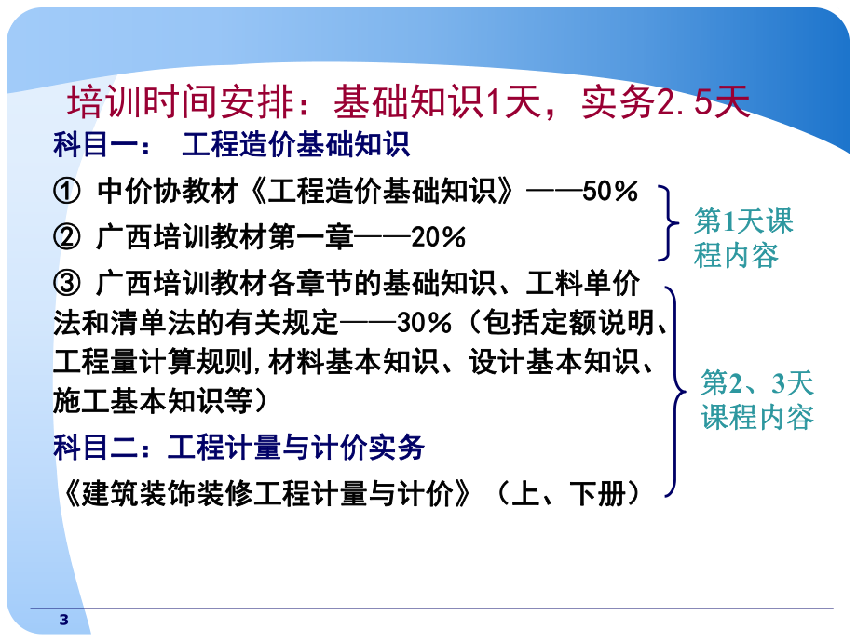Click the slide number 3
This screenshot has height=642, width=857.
coord(63,621)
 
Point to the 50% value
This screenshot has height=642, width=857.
coord(610,192)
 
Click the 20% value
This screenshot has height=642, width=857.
coord(437,237)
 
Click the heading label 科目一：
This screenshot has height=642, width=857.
coord(97,146)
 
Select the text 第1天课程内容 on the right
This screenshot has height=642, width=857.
coord(742,238)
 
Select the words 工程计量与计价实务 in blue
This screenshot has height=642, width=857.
coord(295,448)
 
